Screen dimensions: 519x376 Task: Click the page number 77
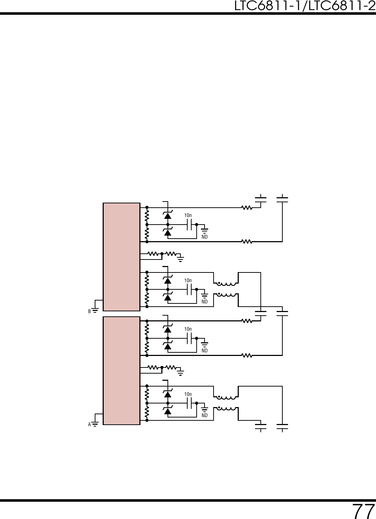pos(363,511)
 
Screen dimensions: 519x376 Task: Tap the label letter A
pos(89,425)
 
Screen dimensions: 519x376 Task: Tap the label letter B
pos(89,311)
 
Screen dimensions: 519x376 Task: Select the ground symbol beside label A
pos(95,424)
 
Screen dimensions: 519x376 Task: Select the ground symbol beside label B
pos(95,310)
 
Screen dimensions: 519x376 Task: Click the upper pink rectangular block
pos(121,257)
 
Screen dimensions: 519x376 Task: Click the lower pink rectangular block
pos(121,370)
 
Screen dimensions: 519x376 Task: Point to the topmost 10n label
pos(188,216)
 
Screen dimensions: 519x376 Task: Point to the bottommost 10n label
pos(188,394)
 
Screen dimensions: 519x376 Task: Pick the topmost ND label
pos(205,237)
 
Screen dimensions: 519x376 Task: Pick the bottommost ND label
pos(205,416)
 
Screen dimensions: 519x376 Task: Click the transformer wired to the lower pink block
pos(226,403)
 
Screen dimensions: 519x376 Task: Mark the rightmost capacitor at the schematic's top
pos(282,199)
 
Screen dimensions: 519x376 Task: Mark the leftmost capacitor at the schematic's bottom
pos(260,427)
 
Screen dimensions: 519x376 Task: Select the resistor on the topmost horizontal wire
pos(247,207)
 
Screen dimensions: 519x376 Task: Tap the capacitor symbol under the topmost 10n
pos(189,225)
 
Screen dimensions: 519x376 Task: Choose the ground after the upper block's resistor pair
pos(180,257)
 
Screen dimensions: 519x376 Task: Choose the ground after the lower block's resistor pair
pos(180,371)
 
